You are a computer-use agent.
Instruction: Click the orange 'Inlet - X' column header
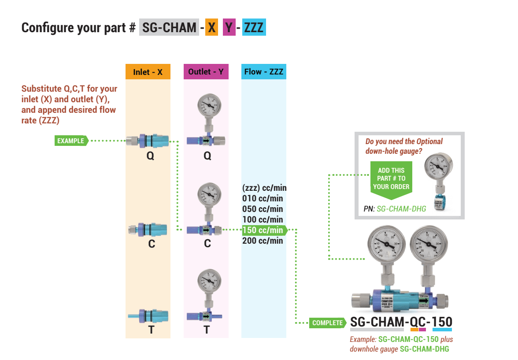[148, 72]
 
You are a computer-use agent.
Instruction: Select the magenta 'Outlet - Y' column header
[206, 72]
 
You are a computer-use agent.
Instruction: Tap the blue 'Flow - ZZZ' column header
[263, 72]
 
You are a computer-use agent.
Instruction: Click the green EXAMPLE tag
[71, 141]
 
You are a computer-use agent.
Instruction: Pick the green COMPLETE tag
[327, 323]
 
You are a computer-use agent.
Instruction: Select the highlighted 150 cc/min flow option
[263, 230]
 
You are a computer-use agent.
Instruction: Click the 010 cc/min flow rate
[263, 198]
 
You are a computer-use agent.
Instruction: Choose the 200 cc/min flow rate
[263, 241]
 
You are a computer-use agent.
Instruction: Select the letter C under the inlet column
[151, 244]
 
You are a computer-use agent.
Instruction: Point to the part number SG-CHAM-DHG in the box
[401, 209]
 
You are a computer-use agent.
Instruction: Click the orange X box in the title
[212, 28]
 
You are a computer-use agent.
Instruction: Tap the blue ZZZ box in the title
[254, 28]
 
